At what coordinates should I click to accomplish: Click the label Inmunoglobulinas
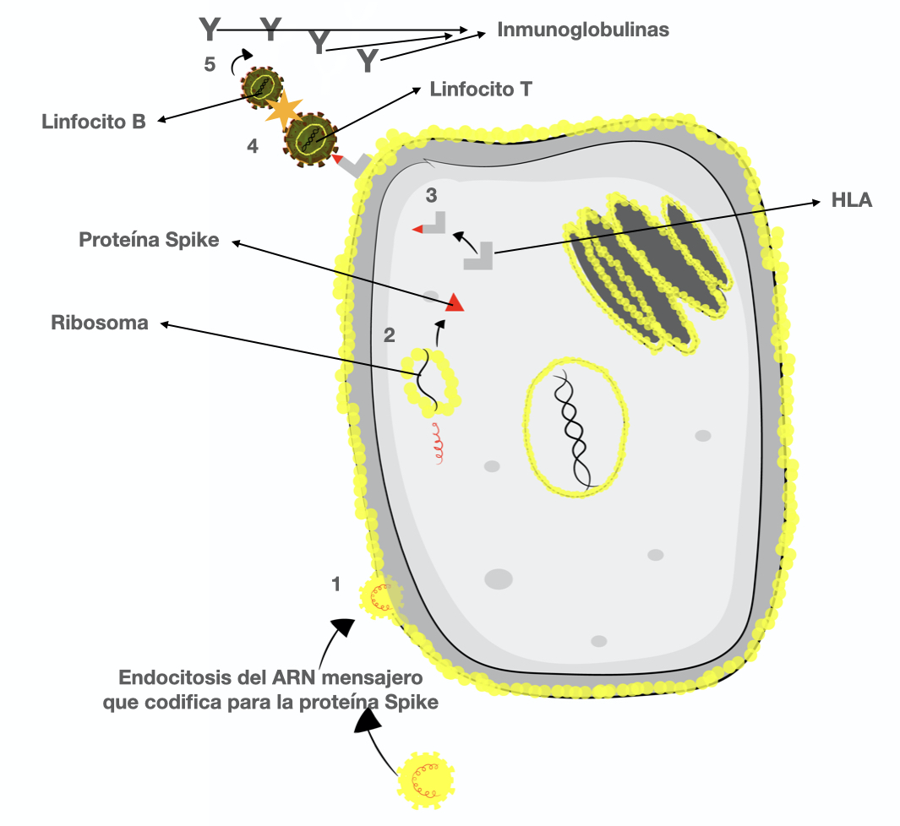[582, 30]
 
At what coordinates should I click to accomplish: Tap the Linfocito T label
[480, 89]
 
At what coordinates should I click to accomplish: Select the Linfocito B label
[94, 122]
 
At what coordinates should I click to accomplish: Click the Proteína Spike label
[149, 240]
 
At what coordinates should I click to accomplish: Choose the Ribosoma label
[99, 323]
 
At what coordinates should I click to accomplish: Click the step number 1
[335, 584]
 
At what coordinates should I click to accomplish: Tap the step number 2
[389, 335]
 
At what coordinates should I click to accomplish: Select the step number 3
[431, 196]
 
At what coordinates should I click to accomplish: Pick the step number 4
[252, 146]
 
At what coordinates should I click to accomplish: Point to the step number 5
[210, 63]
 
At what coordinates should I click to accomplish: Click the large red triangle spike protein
[455, 302]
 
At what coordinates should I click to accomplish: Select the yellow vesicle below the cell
[425, 778]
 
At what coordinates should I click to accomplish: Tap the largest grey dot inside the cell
[499, 579]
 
